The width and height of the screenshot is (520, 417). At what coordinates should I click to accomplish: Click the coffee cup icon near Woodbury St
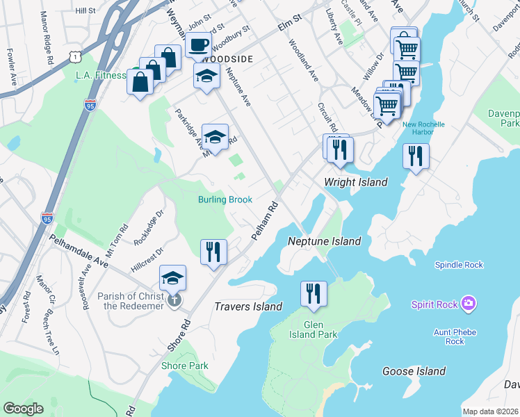198,46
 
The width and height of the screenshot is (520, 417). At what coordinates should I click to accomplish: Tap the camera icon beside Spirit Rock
469,303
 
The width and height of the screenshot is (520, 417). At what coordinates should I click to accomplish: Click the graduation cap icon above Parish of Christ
172,278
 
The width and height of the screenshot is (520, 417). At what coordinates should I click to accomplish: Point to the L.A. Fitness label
101,75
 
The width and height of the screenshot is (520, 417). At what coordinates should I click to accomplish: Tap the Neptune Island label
325,241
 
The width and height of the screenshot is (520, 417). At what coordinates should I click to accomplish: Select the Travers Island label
248,306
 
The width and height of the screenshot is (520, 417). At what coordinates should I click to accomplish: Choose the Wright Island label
355,182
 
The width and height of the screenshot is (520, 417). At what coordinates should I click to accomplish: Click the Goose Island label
414,371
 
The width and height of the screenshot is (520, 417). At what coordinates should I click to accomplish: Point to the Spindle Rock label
459,265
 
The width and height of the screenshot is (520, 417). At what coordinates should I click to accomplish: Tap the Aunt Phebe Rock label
455,336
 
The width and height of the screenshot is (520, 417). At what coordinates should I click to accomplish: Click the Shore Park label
184,366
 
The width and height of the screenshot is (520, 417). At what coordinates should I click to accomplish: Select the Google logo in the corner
23,409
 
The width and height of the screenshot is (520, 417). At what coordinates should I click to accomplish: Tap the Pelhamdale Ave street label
79,253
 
